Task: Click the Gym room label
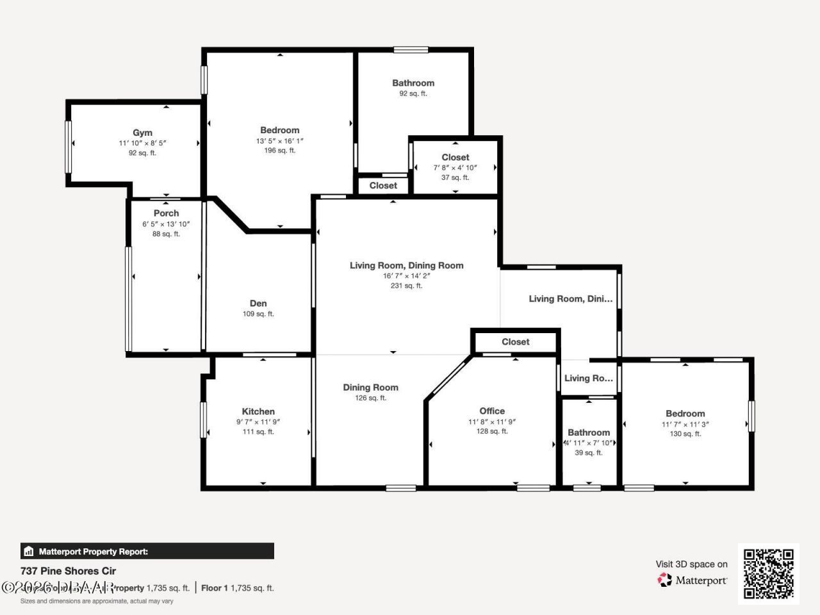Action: tap(142, 133)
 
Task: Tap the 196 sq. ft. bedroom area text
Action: tap(279, 151)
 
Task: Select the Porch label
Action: tap(166, 213)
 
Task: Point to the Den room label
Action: tap(258, 304)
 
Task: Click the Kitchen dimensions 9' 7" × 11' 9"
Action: tap(258, 422)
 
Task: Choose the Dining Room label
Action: tap(370, 388)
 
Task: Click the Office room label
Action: tap(492, 411)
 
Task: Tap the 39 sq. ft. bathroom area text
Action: tap(588, 453)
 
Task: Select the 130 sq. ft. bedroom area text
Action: tap(685, 434)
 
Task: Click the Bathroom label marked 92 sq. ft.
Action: tap(413, 83)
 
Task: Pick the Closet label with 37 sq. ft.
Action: tap(455, 158)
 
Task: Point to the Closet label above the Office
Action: tap(516, 342)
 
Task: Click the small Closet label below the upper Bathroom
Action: tap(383, 186)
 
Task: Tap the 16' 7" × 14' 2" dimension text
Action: tap(406, 275)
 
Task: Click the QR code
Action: tap(768, 573)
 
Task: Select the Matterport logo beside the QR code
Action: tap(693, 580)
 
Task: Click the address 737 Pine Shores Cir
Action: tap(69, 571)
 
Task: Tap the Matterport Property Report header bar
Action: tap(147, 551)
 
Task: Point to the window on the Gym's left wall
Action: tap(68, 147)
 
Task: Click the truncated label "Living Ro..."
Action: tap(588, 378)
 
